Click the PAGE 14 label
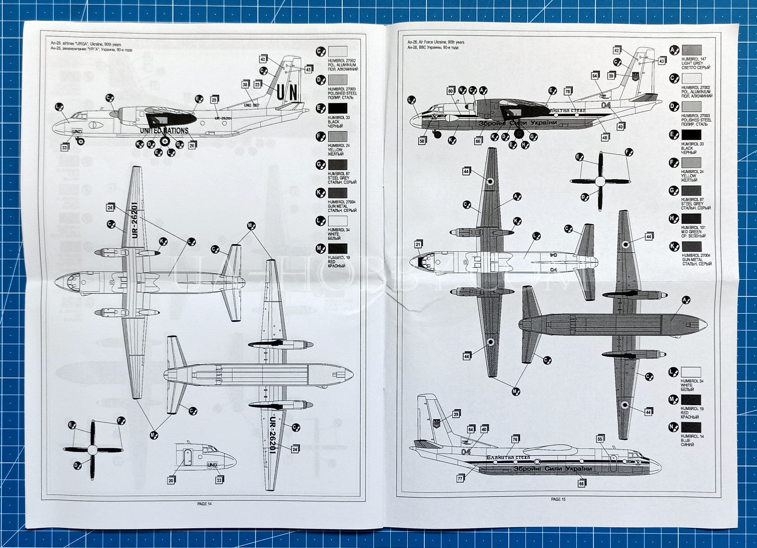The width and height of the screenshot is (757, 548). (204, 504)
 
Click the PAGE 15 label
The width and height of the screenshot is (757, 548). (558, 499)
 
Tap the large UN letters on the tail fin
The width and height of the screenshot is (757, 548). (287, 92)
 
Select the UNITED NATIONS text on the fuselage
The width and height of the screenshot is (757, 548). (164, 131)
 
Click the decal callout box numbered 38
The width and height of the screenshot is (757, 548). (245, 85)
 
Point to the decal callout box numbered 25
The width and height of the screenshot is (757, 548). (214, 100)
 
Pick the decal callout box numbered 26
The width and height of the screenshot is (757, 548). (192, 146)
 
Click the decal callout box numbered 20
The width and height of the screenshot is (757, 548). (171, 480)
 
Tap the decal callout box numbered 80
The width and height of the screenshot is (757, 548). (450, 91)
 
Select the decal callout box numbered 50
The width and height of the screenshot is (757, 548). (422, 141)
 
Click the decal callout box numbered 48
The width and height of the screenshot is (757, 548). (605, 137)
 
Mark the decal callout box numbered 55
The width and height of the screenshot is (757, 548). (600, 439)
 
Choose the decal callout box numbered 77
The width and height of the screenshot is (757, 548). (460, 478)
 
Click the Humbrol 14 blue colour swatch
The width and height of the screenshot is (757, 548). (691, 428)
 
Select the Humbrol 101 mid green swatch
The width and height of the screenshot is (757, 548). (691, 219)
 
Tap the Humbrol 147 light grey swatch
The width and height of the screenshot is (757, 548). (691, 50)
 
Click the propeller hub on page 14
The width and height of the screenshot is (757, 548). (93, 449)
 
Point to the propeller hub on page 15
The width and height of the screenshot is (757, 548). (600, 181)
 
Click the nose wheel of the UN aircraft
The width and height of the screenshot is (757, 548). (80, 141)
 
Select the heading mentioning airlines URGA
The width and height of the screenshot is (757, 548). (86, 44)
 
